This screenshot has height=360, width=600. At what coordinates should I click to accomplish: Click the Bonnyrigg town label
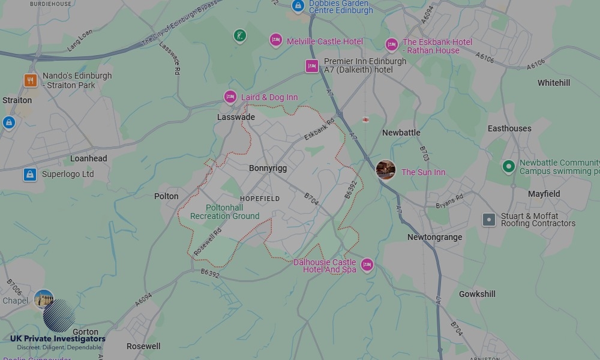coord(268,168)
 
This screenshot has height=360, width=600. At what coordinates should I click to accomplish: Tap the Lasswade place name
coord(236,117)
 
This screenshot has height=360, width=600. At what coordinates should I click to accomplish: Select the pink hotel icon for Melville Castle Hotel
coord(275,40)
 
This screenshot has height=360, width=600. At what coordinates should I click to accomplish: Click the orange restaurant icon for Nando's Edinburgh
coord(31,80)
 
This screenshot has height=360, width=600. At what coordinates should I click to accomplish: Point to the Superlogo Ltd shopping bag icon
coord(30,175)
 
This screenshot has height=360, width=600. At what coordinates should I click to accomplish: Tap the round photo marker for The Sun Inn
coord(385,170)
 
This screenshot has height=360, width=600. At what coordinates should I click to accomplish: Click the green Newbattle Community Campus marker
coord(509,166)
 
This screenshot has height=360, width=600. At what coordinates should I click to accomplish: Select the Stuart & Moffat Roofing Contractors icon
coord(489,220)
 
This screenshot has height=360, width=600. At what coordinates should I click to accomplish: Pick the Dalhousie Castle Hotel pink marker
coord(367,265)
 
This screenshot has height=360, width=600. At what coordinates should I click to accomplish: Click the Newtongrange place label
coord(434,237)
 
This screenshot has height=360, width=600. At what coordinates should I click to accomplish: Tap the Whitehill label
coord(554,83)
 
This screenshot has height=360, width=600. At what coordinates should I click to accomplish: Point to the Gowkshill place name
coord(477,294)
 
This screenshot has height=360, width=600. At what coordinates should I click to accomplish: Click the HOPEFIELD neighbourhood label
coord(260,199)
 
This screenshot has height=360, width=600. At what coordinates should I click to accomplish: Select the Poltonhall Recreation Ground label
coord(224,212)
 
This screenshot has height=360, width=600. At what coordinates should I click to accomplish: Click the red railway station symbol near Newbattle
coord(365,120)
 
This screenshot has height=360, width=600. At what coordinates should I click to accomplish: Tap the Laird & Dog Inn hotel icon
coord(230,97)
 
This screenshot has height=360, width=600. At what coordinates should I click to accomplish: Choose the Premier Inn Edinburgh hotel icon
coord(311,66)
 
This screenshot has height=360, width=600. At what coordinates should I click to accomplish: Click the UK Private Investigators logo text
coord(58,339)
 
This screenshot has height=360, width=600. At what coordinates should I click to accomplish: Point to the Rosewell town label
coord(143,346)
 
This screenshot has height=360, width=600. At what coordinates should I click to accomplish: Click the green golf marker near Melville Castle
coord(240,36)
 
